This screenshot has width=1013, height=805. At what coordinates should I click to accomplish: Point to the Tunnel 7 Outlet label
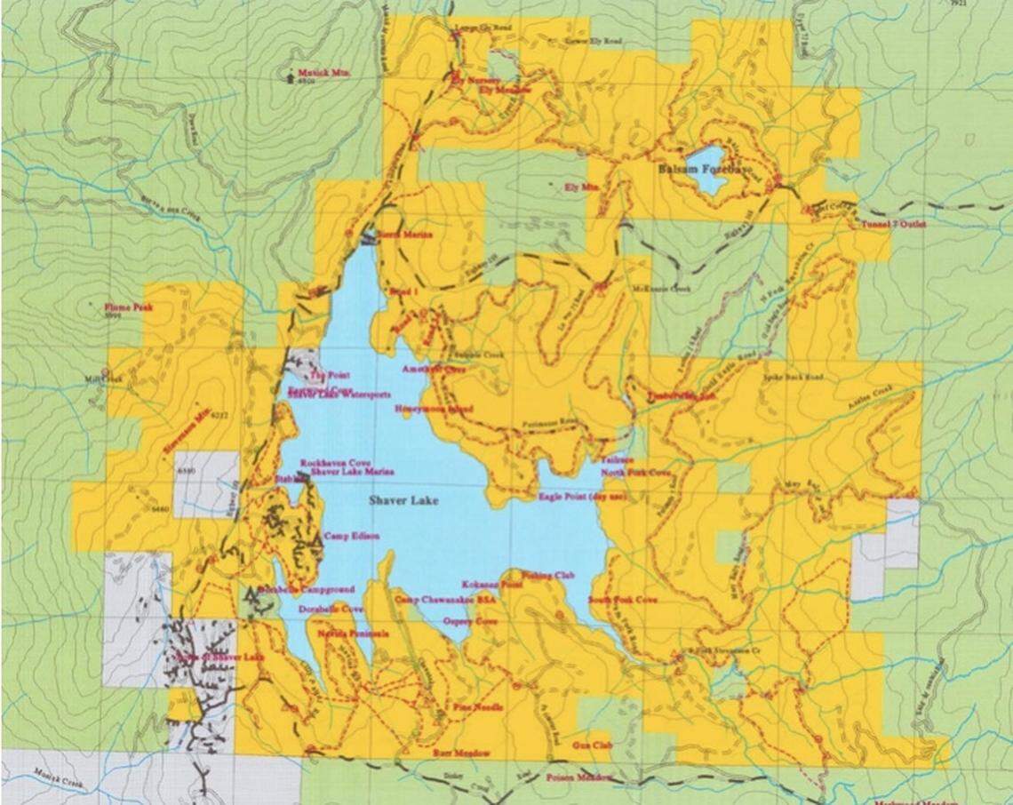[x=893, y=225]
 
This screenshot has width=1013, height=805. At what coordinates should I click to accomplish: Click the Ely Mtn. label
[x=578, y=187]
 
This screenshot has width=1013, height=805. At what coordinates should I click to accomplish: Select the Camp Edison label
[x=346, y=536]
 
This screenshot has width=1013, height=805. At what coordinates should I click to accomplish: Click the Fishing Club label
[x=548, y=576]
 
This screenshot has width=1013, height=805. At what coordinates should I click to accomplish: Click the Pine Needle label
[x=473, y=707]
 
